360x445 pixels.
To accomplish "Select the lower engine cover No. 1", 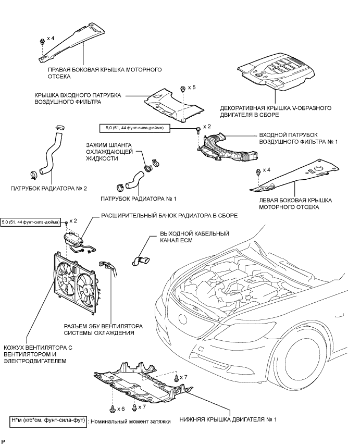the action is pyautogui.click(x=143, y=382).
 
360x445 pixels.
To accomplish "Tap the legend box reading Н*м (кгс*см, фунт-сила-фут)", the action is pyautogui.click(x=48, y=419).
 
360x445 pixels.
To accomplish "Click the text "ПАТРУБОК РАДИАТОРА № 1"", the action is pyautogui.click(x=139, y=199).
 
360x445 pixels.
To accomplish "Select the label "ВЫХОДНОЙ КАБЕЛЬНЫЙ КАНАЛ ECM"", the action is pyautogui.click(x=195, y=237).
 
